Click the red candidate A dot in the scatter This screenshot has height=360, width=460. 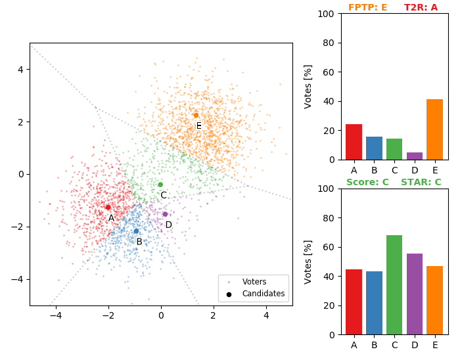click(x=108, y=207)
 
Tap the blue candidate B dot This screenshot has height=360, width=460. click(x=136, y=231)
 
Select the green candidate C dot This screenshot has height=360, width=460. click(x=160, y=185)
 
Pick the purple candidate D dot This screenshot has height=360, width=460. click(x=165, y=214)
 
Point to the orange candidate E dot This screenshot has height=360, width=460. click(x=196, y=115)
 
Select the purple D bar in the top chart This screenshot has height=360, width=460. click(x=415, y=156)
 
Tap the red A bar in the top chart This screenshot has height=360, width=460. click(x=354, y=142)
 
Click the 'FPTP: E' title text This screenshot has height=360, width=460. click(x=367, y=8)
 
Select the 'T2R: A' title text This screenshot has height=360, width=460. click(x=421, y=8)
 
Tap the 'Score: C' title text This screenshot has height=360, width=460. click(x=367, y=182)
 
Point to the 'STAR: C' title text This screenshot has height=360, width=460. click(x=421, y=182)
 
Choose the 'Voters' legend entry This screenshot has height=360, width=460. click(x=254, y=282)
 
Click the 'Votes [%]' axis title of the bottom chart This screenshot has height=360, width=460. click(x=308, y=261)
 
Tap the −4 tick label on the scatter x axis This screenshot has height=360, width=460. click(x=56, y=315)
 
